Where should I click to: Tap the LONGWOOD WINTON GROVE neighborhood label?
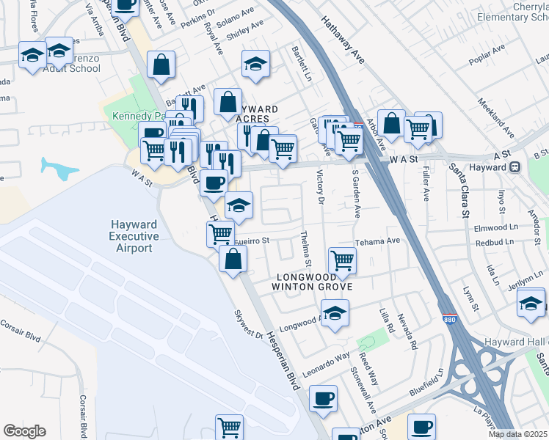click(314, 282)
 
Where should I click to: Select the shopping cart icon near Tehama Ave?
click(342, 260)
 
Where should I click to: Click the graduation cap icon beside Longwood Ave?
click(335, 313)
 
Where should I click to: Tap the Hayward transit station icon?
click(516, 166)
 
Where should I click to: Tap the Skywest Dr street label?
click(248, 323)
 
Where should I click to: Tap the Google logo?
click(25, 431)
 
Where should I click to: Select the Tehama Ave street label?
click(377, 241)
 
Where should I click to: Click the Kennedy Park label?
click(129, 115)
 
